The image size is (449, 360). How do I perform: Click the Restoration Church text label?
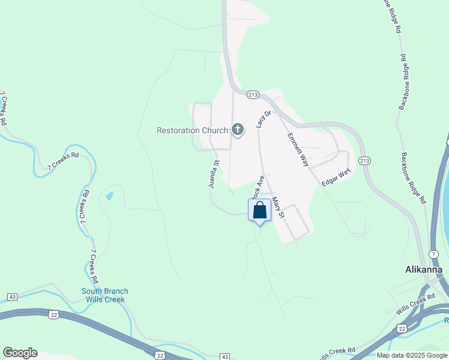192,130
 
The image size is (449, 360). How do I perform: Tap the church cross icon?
238,130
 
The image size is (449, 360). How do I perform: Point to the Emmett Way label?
297,149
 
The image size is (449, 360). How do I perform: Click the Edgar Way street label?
336,178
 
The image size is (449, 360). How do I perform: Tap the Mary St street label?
277,207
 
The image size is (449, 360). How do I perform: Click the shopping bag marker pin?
259,211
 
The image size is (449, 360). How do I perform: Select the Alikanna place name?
423,269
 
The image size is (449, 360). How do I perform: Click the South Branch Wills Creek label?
105,295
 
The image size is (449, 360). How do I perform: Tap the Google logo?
20,353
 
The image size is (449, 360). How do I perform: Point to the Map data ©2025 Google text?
412,355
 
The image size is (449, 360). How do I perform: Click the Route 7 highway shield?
433,254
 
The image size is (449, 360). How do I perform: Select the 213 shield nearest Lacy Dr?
252,95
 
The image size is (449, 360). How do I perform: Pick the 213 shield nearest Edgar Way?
364,161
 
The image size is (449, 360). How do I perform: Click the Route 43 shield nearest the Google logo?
12,297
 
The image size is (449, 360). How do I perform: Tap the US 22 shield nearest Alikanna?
402,328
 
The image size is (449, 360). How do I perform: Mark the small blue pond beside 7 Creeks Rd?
109,196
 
